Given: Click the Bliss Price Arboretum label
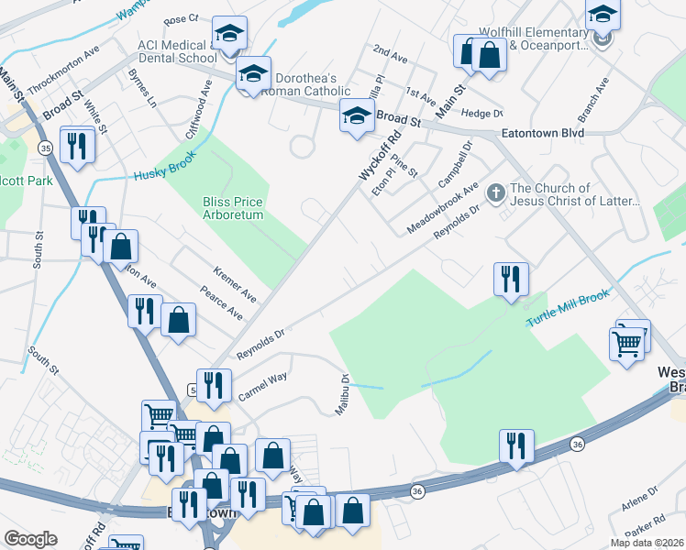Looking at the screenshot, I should click(233, 208).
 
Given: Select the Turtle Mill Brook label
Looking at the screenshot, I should click(568, 312).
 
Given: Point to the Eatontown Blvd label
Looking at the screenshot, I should click(542, 132).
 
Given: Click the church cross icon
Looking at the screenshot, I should click(496, 192).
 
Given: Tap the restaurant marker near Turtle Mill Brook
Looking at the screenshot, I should click(511, 279).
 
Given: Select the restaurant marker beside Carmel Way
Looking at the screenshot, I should click(214, 385).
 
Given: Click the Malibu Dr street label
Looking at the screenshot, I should click(340, 395).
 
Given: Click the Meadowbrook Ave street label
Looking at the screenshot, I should click(446, 209).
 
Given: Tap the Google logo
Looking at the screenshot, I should click(30, 538).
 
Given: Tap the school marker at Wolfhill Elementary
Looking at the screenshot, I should click(603, 16).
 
